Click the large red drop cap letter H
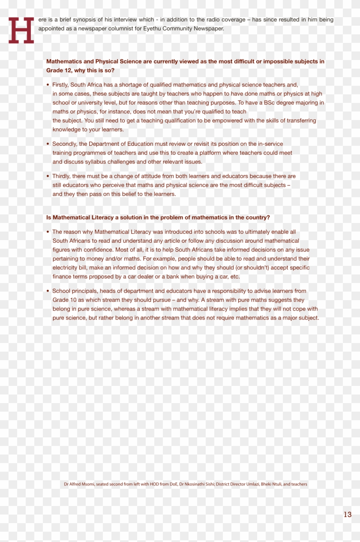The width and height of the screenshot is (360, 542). click(21, 30)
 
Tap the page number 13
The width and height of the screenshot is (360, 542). click(347, 515)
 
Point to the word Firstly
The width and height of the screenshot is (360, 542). click(60, 85)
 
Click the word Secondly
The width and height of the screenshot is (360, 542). click(64, 144)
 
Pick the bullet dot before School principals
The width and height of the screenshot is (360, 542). click(48, 291)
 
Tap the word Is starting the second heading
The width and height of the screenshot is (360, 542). click(49, 218)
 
